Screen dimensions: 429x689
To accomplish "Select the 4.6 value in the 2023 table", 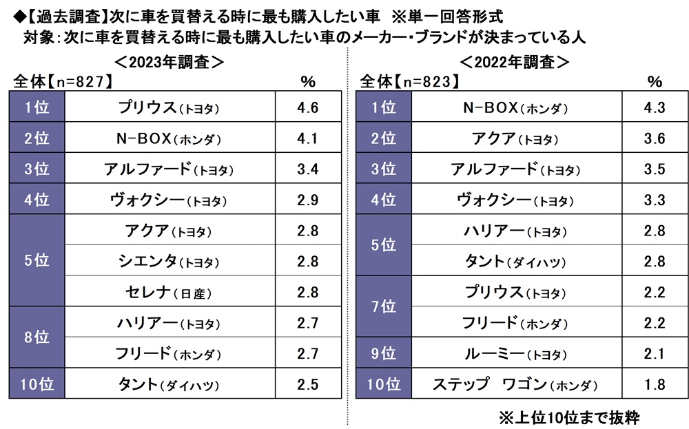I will [x=307, y=107].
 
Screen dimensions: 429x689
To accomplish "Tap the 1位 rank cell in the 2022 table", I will [x=383, y=107].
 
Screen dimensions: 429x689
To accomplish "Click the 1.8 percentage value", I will [x=654, y=385].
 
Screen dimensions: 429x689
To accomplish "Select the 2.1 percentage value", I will [x=654, y=354].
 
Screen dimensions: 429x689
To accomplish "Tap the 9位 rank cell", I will [x=383, y=354].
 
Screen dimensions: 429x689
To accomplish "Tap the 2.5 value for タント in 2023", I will [x=307, y=385].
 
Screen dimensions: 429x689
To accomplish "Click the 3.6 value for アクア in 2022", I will [x=654, y=138].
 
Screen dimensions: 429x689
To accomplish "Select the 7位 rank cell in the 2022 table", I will [x=383, y=307].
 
